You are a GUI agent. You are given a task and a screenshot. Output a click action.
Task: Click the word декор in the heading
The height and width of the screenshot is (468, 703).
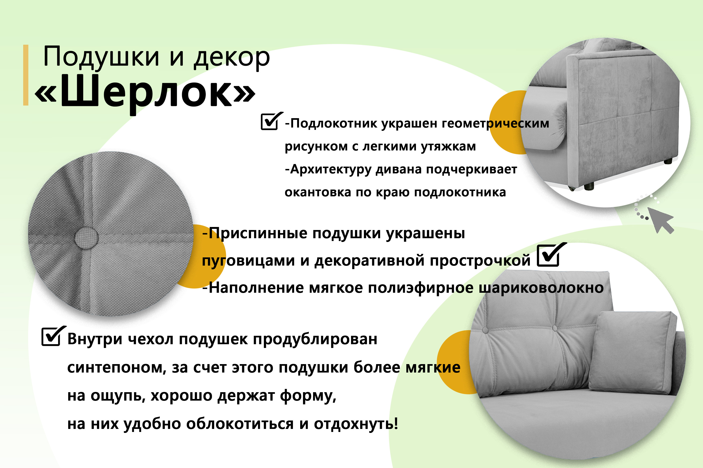pos(232,57)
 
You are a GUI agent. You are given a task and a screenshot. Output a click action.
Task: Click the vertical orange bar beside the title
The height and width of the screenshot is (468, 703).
pos(26,75)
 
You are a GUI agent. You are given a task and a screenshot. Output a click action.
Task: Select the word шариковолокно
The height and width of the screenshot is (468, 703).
pos(541,288)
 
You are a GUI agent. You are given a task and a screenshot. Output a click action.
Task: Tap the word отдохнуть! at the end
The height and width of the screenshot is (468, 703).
pos(356,424)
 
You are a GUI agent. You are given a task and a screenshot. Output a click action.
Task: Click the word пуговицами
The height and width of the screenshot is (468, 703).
pos(249,261)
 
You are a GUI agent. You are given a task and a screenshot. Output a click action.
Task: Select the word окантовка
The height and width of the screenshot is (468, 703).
pos(318,192)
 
